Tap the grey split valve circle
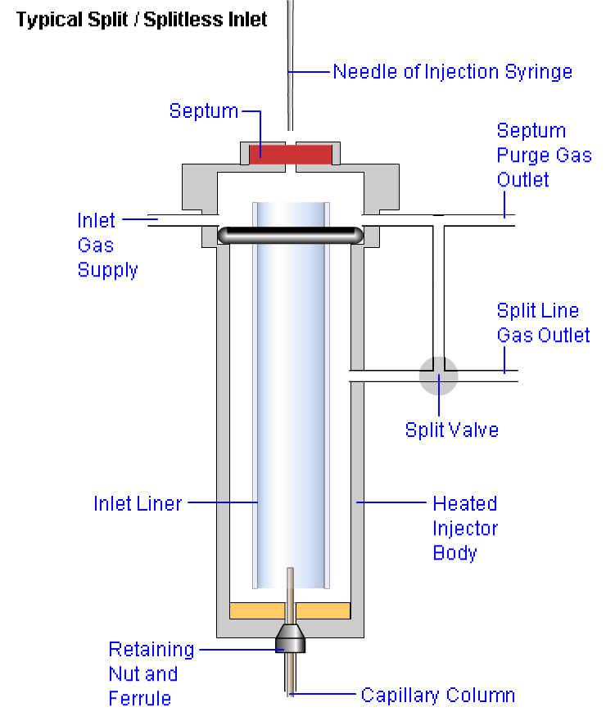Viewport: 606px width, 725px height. click(x=438, y=375)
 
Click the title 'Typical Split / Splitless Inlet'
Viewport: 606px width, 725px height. click(x=142, y=20)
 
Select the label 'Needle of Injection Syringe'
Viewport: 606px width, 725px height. click(x=452, y=72)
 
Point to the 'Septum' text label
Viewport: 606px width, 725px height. click(x=204, y=110)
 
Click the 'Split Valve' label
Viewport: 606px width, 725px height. click(x=451, y=430)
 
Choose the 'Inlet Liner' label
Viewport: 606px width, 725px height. click(x=138, y=503)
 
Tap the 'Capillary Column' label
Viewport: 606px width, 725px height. click(x=438, y=696)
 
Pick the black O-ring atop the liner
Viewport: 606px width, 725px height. click(x=290, y=234)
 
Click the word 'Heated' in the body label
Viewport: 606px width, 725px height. click(x=464, y=503)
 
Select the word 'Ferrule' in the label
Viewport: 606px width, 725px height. click(x=140, y=699)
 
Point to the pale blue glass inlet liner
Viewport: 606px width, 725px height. click(x=290, y=409)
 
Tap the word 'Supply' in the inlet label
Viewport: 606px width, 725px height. click(x=107, y=270)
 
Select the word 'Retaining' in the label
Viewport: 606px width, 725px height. click(x=151, y=650)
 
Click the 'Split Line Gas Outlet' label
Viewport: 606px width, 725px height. click(x=543, y=322)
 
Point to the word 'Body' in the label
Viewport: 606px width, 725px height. click(x=454, y=552)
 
